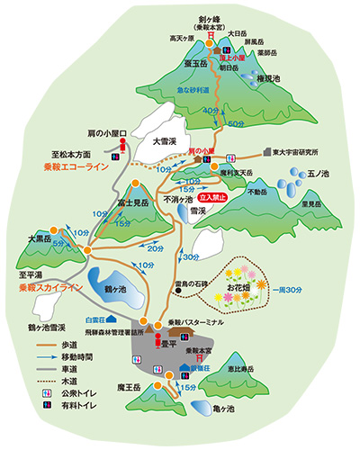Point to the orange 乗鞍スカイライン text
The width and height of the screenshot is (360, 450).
(x=51, y=287)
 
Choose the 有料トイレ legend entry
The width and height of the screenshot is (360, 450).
(x=70, y=405)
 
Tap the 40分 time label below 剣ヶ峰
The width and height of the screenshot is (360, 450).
(x=211, y=110)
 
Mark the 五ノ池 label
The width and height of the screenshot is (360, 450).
(x=316, y=171)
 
